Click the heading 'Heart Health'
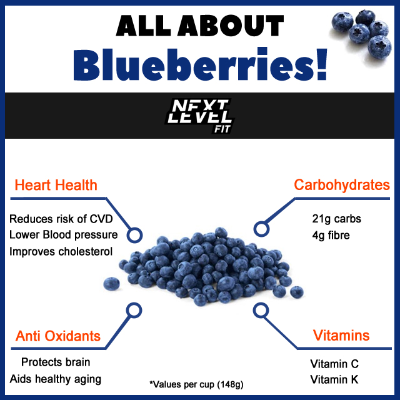(56, 185)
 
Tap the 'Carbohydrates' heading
(342, 185)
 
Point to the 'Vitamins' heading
(341, 336)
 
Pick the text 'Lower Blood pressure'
(64, 235)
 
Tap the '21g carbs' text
(336, 219)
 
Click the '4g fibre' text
(332, 236)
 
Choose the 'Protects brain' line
(56, 362)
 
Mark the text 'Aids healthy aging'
(55, 379)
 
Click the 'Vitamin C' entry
(334, 364)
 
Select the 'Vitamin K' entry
(334, 380)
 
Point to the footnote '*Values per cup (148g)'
(196, 384)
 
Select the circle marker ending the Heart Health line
(133, 236)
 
